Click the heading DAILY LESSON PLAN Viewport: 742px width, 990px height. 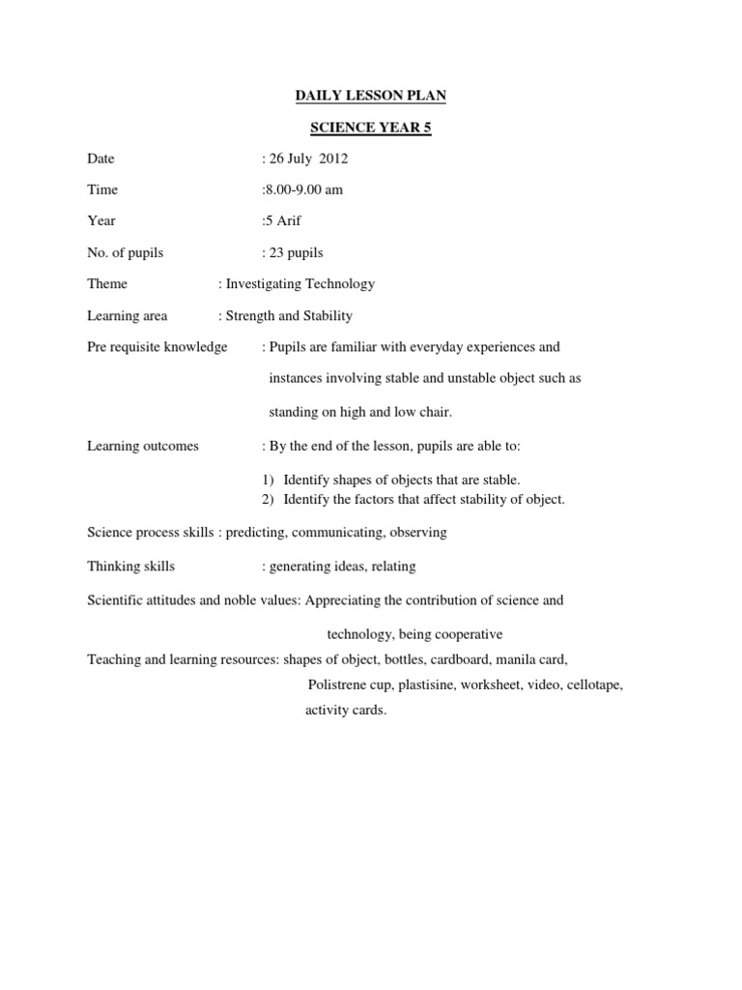coord(370,96)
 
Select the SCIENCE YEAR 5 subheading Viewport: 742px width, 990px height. coord(370,128)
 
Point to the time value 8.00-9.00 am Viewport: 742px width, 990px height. coord(303,190)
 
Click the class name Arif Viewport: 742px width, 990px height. coord(287,221)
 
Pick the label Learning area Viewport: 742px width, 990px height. coord(127,316)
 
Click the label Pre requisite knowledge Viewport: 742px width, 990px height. coord(157,347)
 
